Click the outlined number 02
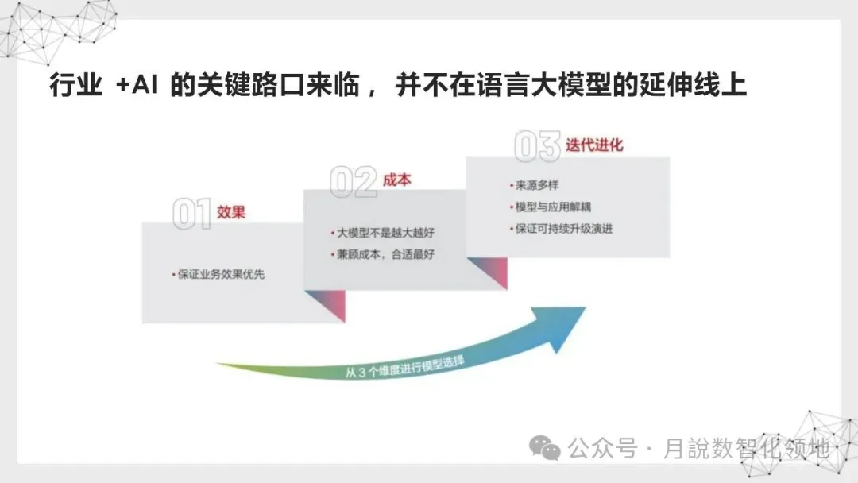(x=354, y=182)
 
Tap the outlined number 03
(x=538, y=148)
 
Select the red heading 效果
(x=231, y=212)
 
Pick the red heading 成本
(x=396, y=180)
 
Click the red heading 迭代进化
(x=594, y=145)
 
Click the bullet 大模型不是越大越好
(x=385, y=234)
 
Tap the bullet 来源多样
(x=535, y=186)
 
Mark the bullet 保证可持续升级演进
(x=562, y=229)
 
